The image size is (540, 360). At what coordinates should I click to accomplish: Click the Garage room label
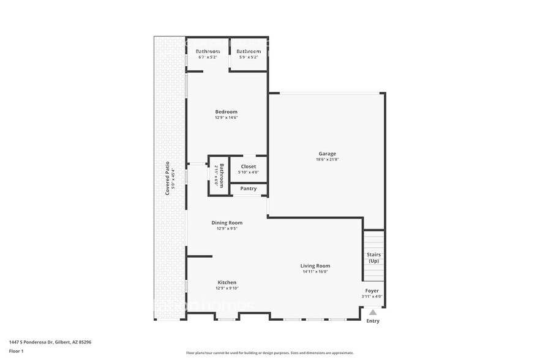click(x=327, y=154)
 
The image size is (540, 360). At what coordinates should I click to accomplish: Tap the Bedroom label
click(x=226, y=111)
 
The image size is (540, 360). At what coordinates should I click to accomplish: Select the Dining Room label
click(x=227, y=223)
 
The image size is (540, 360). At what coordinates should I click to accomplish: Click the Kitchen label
click(x=226, y=282)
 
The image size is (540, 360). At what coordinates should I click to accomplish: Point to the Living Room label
click(x=315, y=266)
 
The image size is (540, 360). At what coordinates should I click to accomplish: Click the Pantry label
click(x=248, y=189)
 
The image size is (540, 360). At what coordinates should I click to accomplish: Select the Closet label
click(x=248, y=167)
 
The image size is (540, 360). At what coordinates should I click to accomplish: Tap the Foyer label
click(x=372, y=291)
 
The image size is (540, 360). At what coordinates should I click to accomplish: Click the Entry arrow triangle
click(x=372, y=312)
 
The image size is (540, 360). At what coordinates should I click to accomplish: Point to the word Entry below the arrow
click(x=372, y=321)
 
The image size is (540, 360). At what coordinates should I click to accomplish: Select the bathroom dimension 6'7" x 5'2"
click(x=208, y=57)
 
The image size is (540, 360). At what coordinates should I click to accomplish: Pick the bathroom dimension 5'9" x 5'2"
click(x=248, y=57)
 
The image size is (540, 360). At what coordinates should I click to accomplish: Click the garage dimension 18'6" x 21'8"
click(x=327, y=160)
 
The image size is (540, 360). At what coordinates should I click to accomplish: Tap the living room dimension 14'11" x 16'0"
click(x=315, y=272)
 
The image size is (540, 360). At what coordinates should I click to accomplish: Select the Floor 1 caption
click(x=16, y=351)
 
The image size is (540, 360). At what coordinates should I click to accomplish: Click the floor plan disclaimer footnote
click(x=269, y=353)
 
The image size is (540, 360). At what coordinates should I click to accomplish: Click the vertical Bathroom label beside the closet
click(x=222, y=175)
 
